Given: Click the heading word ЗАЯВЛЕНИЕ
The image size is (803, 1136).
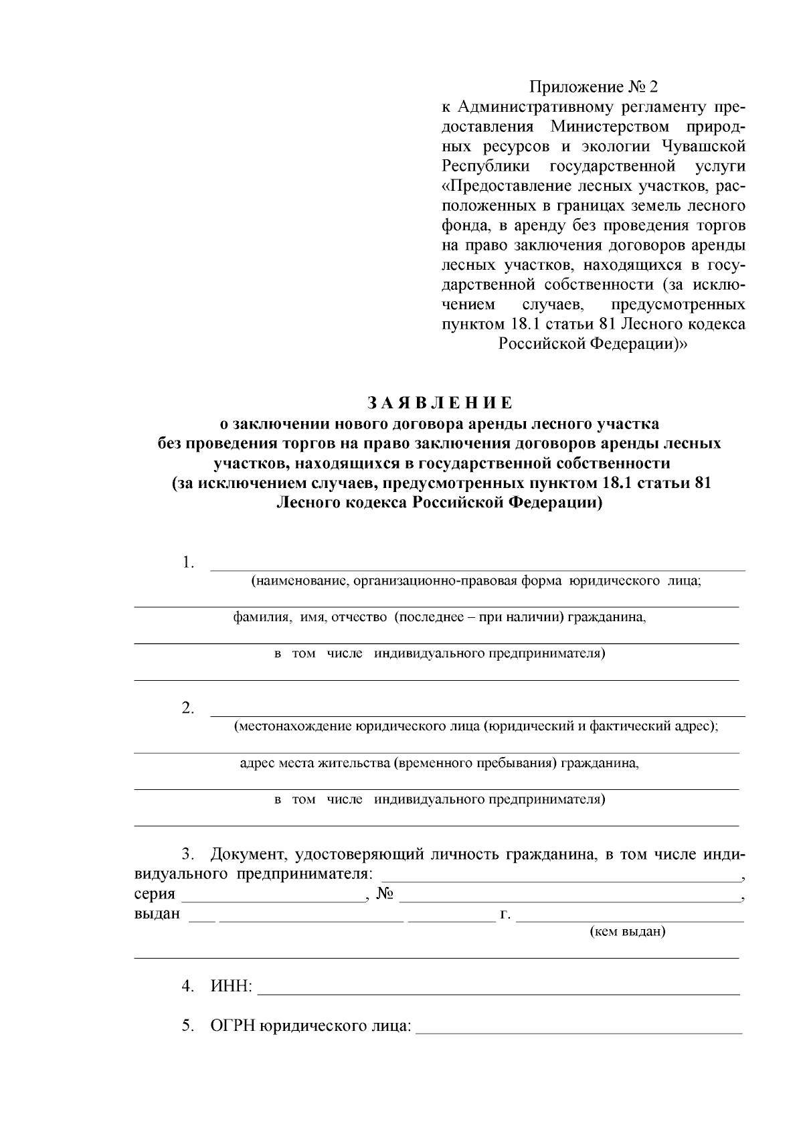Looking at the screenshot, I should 439,403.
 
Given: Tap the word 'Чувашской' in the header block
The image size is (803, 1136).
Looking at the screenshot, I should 703,146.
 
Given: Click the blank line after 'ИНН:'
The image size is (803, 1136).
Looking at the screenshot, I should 499,987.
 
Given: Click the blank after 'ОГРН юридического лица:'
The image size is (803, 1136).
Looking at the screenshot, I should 579,1026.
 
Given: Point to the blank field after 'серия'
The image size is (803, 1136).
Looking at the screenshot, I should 273,895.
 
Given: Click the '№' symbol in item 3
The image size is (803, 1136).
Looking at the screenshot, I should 384,894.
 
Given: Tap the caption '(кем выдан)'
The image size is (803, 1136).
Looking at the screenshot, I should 628,931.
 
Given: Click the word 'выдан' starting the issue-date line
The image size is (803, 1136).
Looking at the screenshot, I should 157,913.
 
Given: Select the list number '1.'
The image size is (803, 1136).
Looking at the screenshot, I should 188,562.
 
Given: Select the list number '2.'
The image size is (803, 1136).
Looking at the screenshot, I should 188,708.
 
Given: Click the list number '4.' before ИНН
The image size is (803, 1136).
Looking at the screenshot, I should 188,986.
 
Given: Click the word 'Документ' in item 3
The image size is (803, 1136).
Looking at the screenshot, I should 246,855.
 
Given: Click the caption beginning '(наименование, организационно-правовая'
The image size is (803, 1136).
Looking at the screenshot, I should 476,581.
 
